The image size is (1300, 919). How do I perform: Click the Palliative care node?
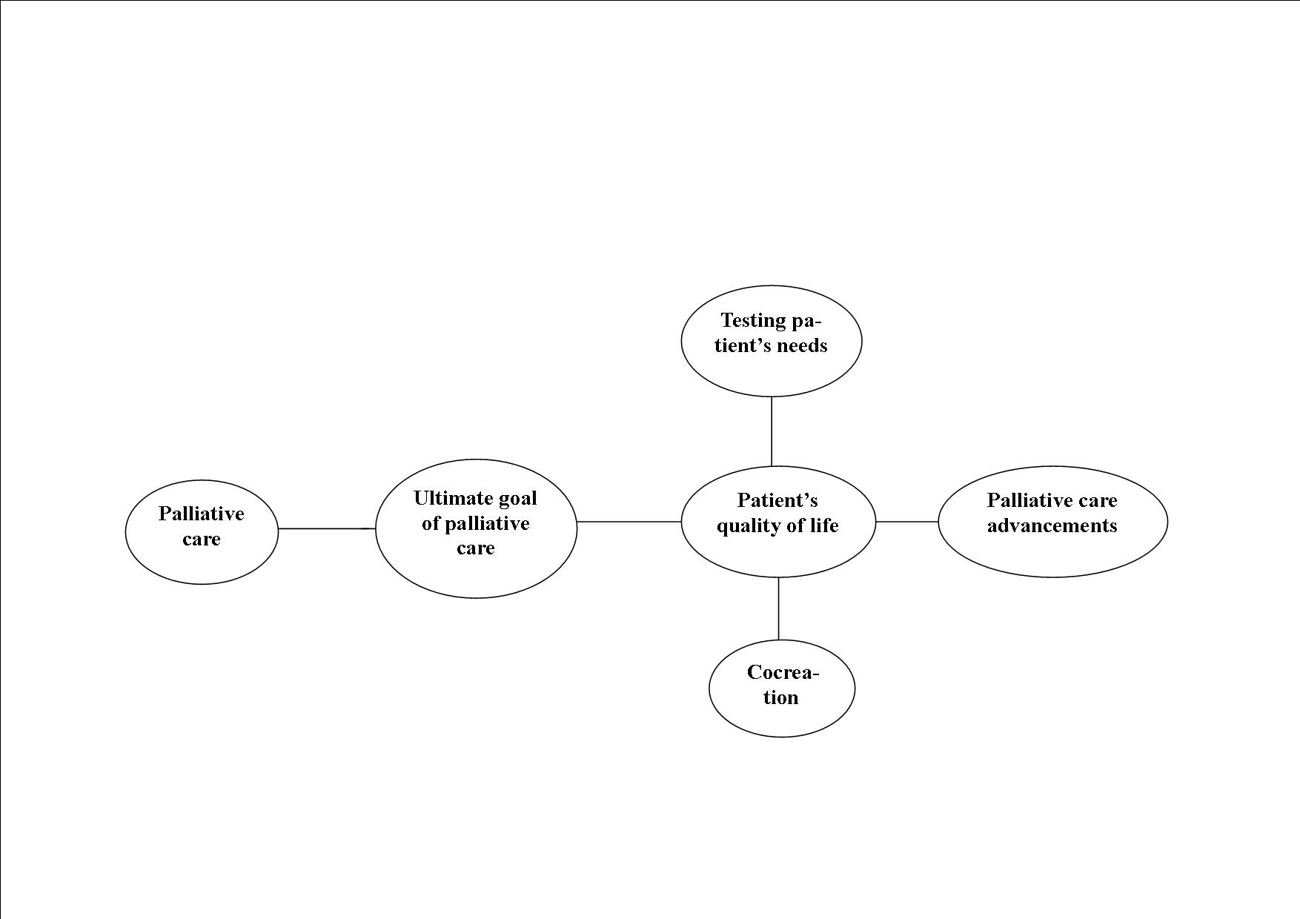click(202, 531)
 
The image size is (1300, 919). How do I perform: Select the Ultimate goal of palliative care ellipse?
click(476, 528)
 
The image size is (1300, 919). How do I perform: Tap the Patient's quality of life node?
click(778, 521)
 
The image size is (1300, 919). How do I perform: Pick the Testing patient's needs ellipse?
click(772, 341)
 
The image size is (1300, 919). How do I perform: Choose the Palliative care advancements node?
click(1052, 521)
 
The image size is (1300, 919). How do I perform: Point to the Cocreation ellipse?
click(782, 688)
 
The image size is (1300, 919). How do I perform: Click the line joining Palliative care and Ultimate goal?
click(326, 528)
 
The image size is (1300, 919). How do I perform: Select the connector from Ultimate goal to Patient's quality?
click(629, 522)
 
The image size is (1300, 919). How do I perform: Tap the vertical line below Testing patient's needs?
click(772, 431)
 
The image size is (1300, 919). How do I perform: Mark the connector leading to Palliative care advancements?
click(907, 522)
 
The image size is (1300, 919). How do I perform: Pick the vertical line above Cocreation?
click(778, 608)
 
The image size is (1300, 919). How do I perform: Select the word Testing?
click(753, 320)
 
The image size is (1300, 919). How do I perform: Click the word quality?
click(746, 526)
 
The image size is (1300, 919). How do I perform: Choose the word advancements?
click(1052, 525)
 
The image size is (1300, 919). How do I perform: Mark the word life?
click(824, 525)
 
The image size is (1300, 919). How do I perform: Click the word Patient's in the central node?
click(777, 500)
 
